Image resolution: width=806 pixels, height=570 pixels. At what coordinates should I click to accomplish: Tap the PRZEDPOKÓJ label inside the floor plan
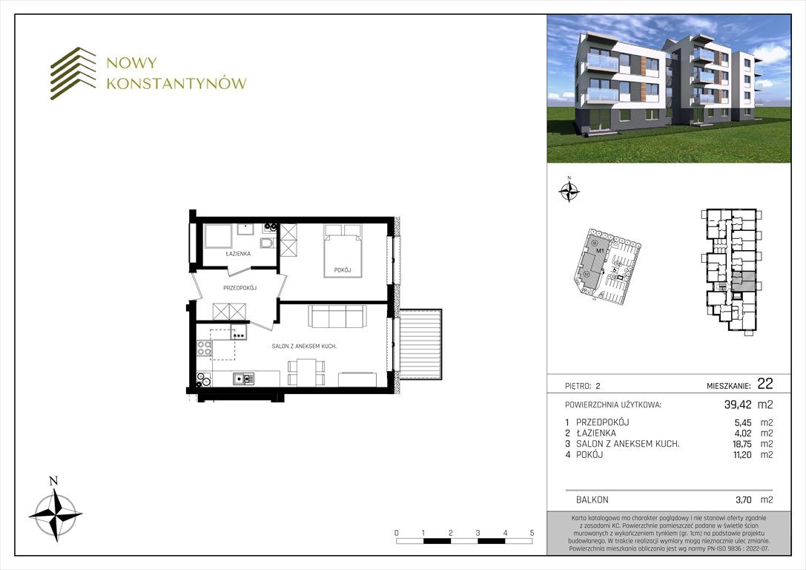(240, 287)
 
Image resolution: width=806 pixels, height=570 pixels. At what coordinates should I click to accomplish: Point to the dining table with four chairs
(305, 370)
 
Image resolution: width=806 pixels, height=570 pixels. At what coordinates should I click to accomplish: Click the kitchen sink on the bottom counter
(243, 379)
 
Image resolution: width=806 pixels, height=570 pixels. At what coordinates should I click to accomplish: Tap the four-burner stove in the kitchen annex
(204, 348)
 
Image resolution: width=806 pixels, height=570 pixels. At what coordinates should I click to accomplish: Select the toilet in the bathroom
(267, 244)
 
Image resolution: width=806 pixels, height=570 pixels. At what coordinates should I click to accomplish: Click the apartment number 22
(765, 384)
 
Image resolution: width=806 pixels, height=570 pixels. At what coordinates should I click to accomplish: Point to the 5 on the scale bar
(532, 533)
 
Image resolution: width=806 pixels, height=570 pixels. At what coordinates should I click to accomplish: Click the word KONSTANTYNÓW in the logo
(176, 84)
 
